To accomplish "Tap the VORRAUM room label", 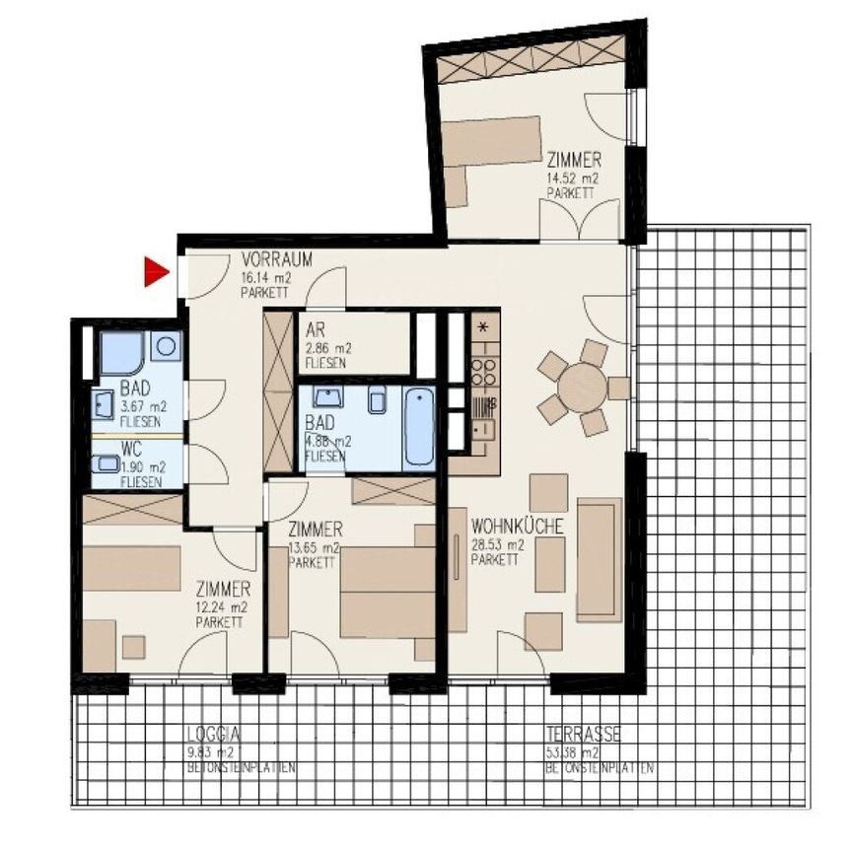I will point(277,261).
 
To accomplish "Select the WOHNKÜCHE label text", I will point(518,527).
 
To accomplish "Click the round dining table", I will point(582,387).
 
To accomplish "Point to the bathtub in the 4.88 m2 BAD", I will point(419,429).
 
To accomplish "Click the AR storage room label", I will point(316,331).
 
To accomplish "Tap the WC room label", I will point(132,448).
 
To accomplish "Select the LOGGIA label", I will point(214,735).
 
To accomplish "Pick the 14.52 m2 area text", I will point(573,178).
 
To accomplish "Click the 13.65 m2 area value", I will point(315,547).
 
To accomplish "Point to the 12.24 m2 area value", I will point(222,607).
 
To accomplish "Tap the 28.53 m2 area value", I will point(496,543).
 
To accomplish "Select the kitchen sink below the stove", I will point(483,429).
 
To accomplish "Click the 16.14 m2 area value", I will point(265,277).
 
